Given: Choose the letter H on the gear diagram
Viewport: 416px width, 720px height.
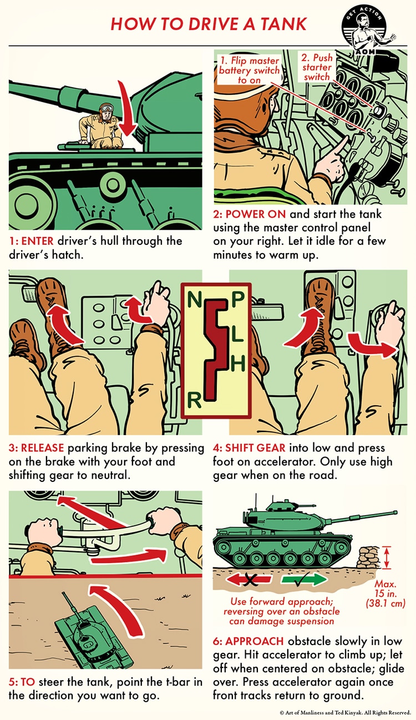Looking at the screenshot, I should coord(237,364).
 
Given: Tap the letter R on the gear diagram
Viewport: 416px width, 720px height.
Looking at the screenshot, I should coord(194,400).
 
